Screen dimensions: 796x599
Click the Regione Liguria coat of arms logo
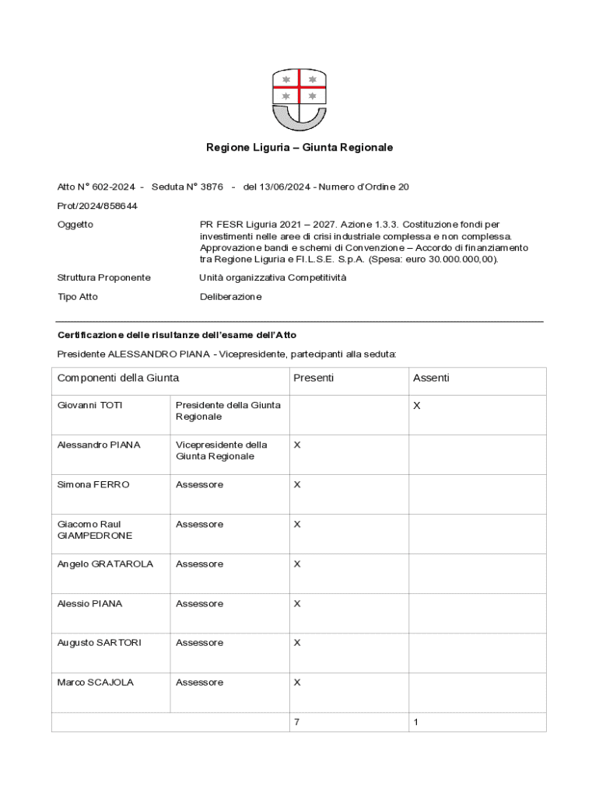point(299,99)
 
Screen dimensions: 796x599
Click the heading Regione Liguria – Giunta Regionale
point(299,147)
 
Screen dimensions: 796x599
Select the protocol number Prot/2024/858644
point(97,205)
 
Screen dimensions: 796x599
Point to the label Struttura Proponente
point(104,278)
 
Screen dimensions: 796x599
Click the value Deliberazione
point(231,297)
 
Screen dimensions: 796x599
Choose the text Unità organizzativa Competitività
point(273,278)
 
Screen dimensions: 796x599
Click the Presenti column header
point(314,378)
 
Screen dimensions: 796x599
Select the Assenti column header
point(431,378)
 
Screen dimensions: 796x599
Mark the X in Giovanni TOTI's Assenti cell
point(417,406)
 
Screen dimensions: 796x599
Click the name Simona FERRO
point(93,485)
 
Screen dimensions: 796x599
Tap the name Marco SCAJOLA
point(96,683)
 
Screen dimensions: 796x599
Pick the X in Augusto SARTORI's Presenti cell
point(297,643)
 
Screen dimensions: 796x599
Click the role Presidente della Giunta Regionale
point(228,410)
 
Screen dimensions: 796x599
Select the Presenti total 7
point(297,722)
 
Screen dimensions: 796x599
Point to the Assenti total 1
point(416,722)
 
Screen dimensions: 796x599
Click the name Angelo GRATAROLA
point(105,564)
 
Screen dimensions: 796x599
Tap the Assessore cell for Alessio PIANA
point(199,604)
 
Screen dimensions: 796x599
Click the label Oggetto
point(75,225)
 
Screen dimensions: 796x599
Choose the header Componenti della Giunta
point(118,378)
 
